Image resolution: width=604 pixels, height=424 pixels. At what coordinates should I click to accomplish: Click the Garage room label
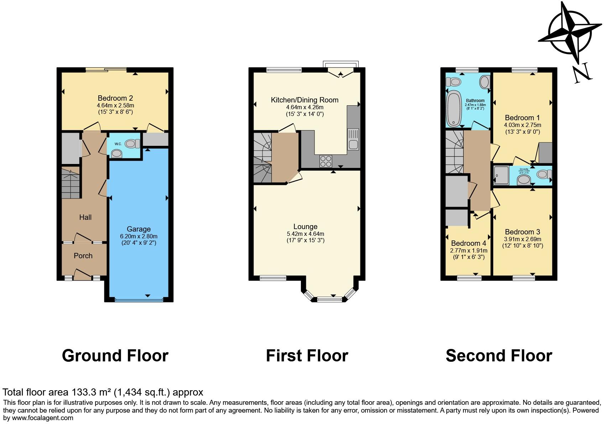(139, 229)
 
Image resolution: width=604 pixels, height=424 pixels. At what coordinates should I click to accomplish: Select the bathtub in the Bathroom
(453, 108)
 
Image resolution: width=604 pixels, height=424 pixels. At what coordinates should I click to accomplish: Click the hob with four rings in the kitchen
(325, 161)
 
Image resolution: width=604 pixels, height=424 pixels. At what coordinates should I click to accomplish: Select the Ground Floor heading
(115, 356)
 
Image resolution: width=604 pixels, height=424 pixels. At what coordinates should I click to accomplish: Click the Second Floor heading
(499, 356)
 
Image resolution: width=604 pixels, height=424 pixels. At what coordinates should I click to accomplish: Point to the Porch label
(83, 256)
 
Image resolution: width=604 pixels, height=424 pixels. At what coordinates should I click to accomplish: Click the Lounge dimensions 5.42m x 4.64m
(305, 234)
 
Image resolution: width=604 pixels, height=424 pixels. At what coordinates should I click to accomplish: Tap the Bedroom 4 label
(468, 243)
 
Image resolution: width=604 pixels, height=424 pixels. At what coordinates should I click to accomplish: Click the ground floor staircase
(71, 183)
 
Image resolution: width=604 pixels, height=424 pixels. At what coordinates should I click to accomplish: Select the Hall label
(85, 217)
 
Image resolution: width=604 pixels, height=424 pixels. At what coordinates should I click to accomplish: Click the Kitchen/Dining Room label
(304, 100)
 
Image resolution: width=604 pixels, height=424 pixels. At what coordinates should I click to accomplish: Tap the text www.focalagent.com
(42, 418)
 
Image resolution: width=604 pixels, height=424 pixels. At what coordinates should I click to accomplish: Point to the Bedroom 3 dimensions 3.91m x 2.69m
(522, 239)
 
